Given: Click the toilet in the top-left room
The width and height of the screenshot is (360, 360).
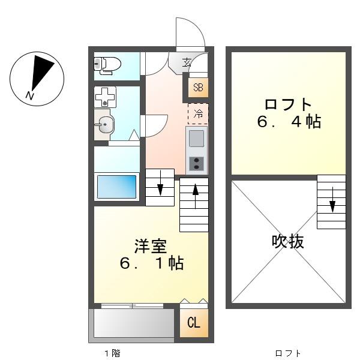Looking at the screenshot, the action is click(107, 65).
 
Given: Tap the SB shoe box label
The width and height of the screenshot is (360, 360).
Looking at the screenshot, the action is click(198, 88).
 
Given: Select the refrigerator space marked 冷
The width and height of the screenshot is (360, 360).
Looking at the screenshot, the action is click(198, 113).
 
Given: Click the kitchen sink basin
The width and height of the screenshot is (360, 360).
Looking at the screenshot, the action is click(196, 139).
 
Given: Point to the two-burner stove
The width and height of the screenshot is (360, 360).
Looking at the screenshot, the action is click(196, 163).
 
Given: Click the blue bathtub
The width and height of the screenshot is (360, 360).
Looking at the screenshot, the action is click(116, 187).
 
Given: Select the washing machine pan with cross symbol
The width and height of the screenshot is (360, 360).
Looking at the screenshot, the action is click(105, 97).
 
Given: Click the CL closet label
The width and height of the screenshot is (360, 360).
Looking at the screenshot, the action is click(194, 323).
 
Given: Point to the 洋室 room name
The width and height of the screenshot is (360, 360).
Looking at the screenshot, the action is click(151, 246).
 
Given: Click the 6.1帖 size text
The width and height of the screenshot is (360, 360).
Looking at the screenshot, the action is click(152, 263).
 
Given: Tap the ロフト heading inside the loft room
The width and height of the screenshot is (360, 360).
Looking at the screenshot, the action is click(288, 104).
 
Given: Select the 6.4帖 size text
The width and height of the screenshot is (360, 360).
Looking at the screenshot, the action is click(289, 122).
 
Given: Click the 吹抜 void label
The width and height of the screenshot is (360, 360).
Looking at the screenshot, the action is click(288, 241).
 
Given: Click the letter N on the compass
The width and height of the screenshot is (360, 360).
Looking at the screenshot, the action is click(30, 95).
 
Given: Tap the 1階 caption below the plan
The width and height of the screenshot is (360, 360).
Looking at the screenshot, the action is click(112, 353).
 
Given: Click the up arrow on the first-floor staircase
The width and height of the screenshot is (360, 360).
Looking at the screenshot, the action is click(196, 196).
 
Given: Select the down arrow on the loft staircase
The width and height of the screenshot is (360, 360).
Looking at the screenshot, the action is click(332, 200).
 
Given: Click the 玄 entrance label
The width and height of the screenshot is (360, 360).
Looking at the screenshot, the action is click(187, 62).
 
